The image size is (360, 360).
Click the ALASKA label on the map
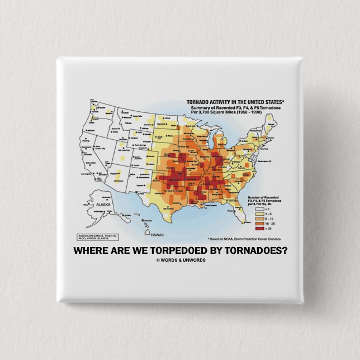(105, 205)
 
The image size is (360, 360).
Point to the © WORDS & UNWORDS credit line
(181, 260)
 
